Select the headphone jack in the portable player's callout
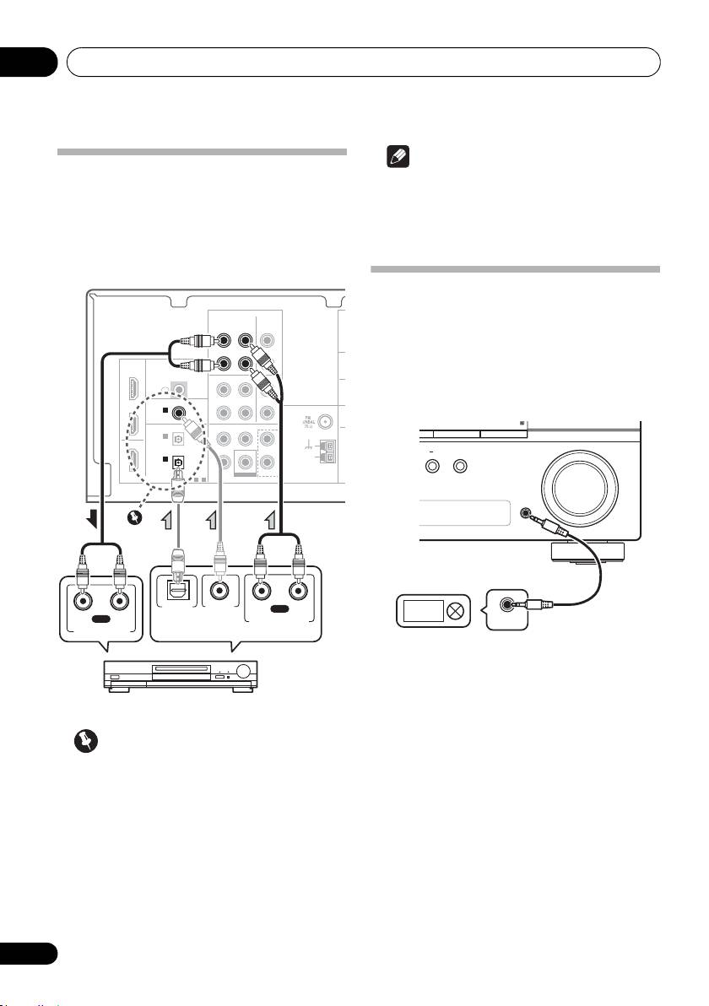coord(510,604)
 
